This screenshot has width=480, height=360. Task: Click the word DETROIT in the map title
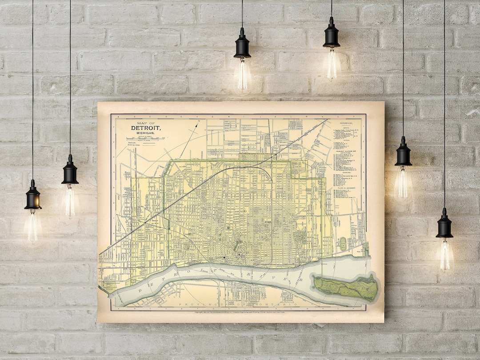coord(146,128)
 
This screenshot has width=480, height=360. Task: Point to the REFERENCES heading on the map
coord(346,123)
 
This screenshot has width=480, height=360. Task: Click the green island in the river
coord(346,287)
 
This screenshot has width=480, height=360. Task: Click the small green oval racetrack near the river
coord(343,243)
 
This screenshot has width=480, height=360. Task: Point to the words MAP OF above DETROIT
coord(146,123)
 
